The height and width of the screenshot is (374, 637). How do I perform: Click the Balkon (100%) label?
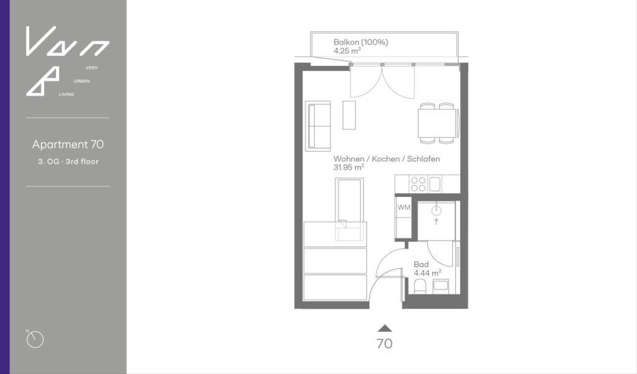(360, 42)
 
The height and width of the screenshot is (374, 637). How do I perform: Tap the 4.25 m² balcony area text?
(347, 51)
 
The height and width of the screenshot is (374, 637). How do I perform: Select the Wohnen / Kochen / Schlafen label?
(386, 159)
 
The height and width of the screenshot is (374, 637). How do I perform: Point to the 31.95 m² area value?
(349, 168)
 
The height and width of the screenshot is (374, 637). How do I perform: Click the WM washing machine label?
(404, 207)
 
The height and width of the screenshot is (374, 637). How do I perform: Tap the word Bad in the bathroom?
(421, 265)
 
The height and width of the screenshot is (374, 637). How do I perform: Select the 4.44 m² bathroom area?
(427, 273)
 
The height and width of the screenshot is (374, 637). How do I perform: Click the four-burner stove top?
(418, 184)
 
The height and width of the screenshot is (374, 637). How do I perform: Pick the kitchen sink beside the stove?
(435, 184)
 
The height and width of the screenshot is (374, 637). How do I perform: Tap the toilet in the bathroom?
(419, 286)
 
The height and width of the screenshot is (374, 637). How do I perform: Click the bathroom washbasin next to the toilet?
(441, 286)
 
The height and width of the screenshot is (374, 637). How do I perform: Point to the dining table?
(437, 123)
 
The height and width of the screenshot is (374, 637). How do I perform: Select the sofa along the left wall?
(318, 126)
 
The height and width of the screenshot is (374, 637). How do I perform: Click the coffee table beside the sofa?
(349, 115)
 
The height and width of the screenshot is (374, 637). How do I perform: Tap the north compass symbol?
(35, 340)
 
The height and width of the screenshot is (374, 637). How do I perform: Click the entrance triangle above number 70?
(385, 328)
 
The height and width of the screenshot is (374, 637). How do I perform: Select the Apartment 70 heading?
(68, 144)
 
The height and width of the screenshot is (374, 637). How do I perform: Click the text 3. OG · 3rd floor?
(68, 162)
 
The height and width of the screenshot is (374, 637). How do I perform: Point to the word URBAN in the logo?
(82, 81)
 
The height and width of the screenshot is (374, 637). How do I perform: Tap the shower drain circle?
(436, 211)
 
